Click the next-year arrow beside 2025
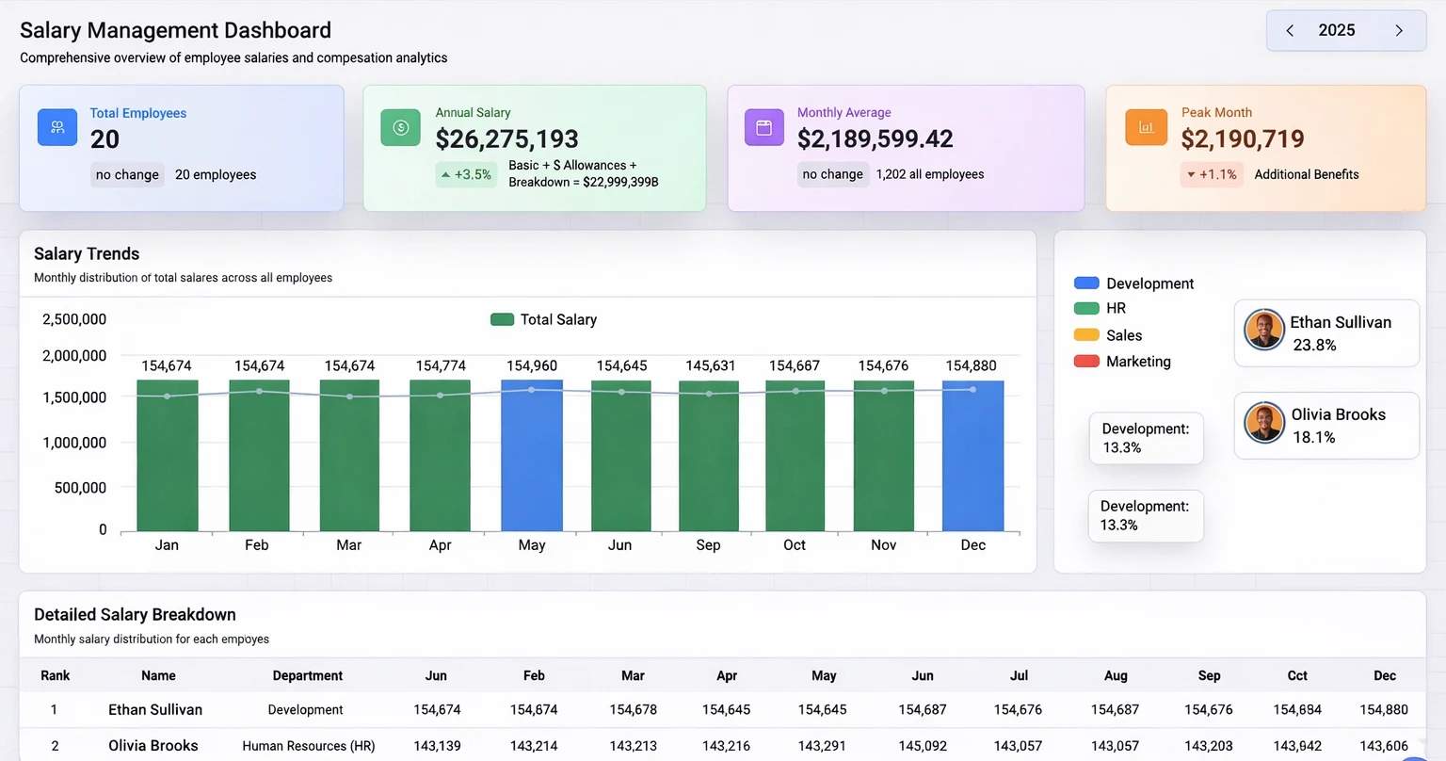[x=1399, y=31]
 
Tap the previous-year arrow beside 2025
[x=1290, y=31]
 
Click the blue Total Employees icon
[x=57, y=127]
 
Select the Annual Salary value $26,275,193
[x=506, y=139]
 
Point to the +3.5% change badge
[x=466, y=174]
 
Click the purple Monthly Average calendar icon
[x=763, y=127]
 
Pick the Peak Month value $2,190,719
[x=1243, y=139]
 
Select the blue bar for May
[x=532, y=456]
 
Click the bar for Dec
[x=972, y=456]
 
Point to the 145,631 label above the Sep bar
[x=711, y=365]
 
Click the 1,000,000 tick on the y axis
[x=74, y=443]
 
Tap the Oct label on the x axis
[x=795, y=545]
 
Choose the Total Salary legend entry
[x=544, y=319]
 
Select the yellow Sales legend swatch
[x=1086, y=335]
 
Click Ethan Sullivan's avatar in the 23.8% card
[x=1264, y=330]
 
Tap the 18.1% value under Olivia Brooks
[x=1314, y=437]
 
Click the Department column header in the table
[x=307, y=675]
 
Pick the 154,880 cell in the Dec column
[x=1384, y=709]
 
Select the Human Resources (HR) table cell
[x=308, y=746]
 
